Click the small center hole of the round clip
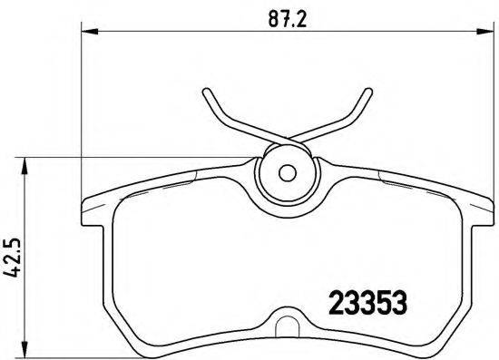287,172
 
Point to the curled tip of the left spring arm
206,93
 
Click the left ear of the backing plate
91,210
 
